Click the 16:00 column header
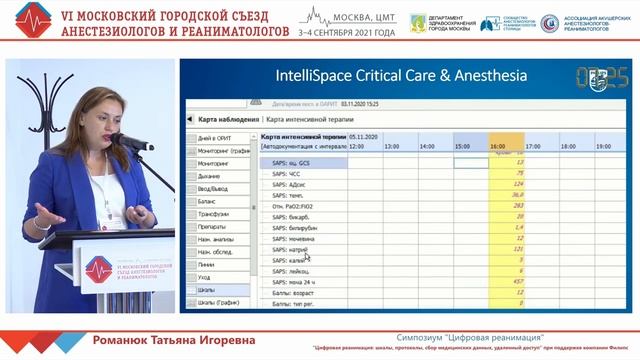498,146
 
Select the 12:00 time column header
356,146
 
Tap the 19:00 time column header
603,146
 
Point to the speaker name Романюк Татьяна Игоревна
172,340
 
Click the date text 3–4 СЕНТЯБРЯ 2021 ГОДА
341,31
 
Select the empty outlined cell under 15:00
471,162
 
